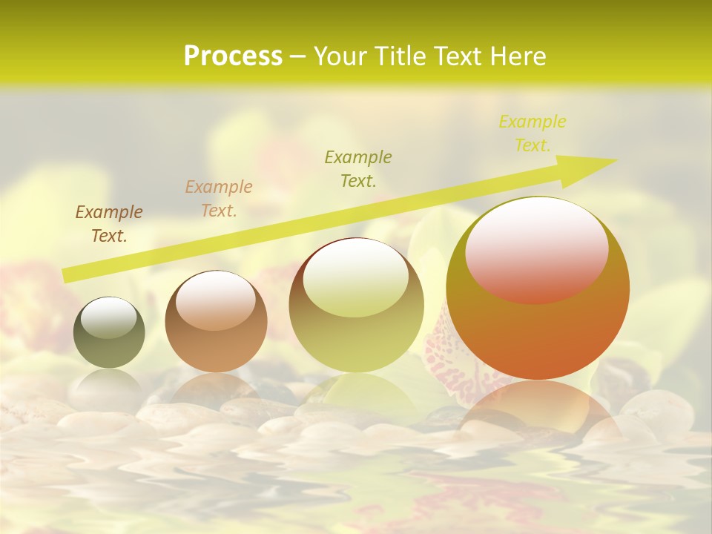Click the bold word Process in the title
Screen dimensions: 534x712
[x=233, y=56]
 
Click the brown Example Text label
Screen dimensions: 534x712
[x=109, y=224]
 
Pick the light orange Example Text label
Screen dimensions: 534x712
[x=219, y=199]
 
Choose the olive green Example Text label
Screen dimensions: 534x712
[x=358, y=168]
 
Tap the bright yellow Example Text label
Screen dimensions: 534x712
[x=533, y=133]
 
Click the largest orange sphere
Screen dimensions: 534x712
[x=538, y=326]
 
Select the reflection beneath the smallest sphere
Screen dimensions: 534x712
[x=109, y=386]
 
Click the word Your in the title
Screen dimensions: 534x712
[x=340, y=56]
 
